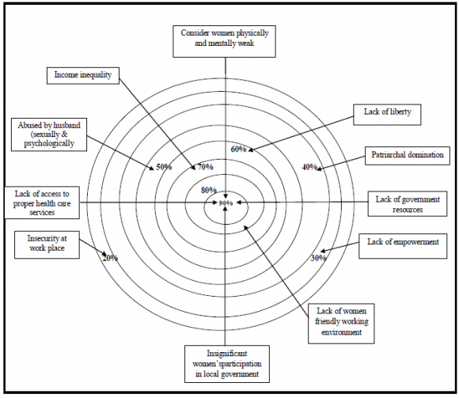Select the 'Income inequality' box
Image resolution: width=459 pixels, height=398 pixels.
82,75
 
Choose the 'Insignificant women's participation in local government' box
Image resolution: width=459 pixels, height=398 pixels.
227,363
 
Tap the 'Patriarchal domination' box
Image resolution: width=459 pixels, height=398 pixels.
404,155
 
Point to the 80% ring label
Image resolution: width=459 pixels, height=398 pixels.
208,190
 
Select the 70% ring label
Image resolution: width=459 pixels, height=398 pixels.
205,167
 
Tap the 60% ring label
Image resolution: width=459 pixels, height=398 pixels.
238,149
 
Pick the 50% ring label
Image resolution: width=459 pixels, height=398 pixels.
164,167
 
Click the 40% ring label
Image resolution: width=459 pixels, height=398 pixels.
309,167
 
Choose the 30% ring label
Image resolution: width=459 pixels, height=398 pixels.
318,257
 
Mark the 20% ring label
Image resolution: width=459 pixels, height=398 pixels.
111,258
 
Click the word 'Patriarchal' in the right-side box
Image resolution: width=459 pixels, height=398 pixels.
389,155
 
